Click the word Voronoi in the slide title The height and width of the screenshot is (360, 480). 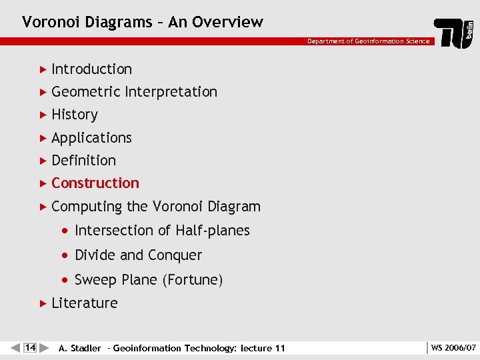pyautogui.click(x=48, y=22)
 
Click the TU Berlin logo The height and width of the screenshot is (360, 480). pyautogui.click(x=454, y=33)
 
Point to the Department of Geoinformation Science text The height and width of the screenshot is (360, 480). pyautogui.click(x=368, y=41)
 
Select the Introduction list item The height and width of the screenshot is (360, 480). pyautogui.click(x=91, y=69)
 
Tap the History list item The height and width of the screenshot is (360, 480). pyautogui.click(x=74, y=115)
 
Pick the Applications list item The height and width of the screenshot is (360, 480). pyautogui.click(x=91, y=138)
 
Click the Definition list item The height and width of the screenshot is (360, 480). pyautogui.click(x=83, y=161)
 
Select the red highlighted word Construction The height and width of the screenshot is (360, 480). pyautogui.click(x=95, y=183)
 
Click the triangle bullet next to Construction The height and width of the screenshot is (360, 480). pyautogui.click(x=43, y=183)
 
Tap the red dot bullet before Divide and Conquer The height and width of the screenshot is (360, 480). pyautogui.click(x=64, y=255)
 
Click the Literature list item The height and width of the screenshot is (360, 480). pyautogui.click(x=84, y=303)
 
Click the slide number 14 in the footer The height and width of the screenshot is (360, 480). pyautogui.click(x=30, y=347)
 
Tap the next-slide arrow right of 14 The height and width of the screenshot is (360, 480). pyautogui.click(x=44, y=347)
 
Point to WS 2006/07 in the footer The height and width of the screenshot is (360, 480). pyautogui.click(x=453, y=347)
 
